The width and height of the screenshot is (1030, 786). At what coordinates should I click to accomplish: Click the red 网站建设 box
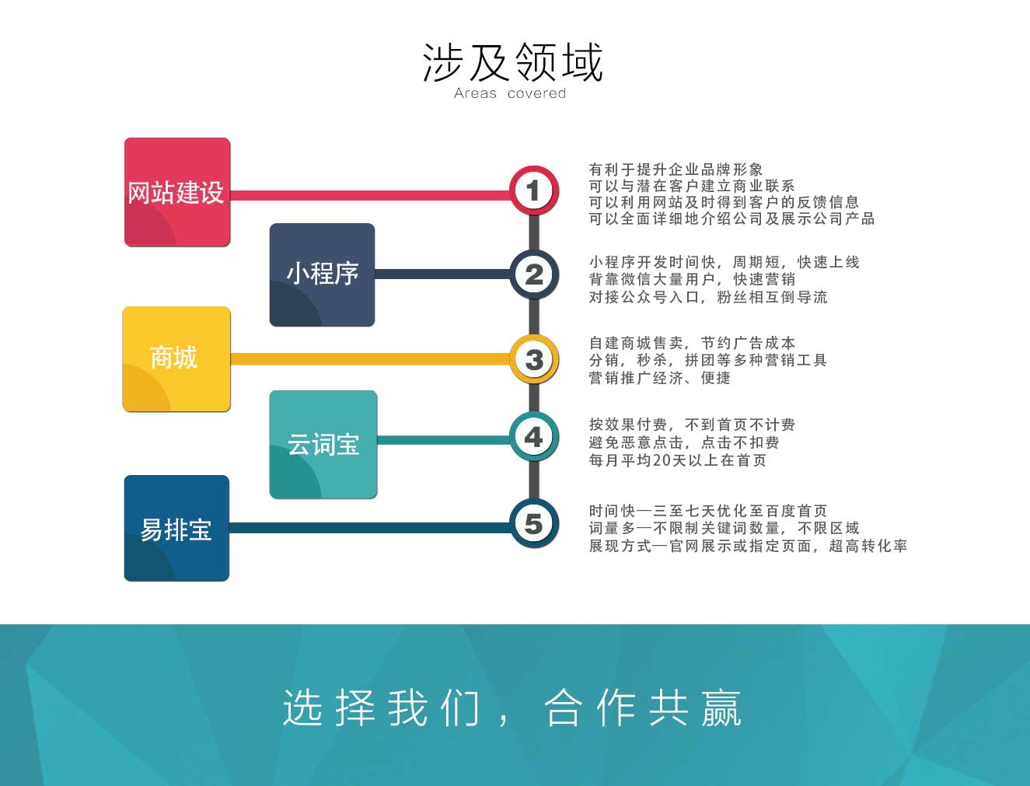(x=177, y=192)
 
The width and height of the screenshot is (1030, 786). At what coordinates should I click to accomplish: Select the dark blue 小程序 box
(x=322, y=274)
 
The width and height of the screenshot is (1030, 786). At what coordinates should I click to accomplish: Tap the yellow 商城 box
(x=176, y=358)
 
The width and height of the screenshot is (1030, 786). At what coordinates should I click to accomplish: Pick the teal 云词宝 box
(x=323, y=444)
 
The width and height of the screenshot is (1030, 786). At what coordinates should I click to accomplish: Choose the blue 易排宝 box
(x=176, y=528)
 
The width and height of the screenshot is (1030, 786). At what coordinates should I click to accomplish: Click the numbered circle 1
(x=534, y=190)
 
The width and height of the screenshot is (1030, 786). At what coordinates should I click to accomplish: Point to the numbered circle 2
(x=534, y=274)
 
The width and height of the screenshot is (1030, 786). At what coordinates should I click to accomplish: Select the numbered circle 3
(x=534, y=359)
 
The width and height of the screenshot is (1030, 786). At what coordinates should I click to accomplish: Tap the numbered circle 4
(x=534, y=437)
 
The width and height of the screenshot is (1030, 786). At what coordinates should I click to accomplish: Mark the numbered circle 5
(x=534, y=523)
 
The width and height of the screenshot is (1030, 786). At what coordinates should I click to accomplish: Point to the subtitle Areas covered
(x=510, y=93)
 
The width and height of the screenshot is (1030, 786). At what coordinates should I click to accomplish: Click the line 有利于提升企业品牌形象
(x=676, y=169)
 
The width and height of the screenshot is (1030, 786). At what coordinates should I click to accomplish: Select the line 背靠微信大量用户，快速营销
(x=692, y=279)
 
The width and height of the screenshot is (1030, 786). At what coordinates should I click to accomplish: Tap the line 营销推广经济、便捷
(x=660, y=378)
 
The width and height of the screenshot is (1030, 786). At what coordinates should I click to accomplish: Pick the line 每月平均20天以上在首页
(x=677, y=460)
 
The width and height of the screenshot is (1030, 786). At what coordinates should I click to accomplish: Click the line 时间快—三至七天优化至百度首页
(x=708, y=511)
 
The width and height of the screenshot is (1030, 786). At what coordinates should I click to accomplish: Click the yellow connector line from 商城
(x=369, y=359)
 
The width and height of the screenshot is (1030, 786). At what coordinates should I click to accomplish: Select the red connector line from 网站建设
(x=369, y=195)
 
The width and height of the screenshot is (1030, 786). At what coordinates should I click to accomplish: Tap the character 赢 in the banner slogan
(x=721, y=707)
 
